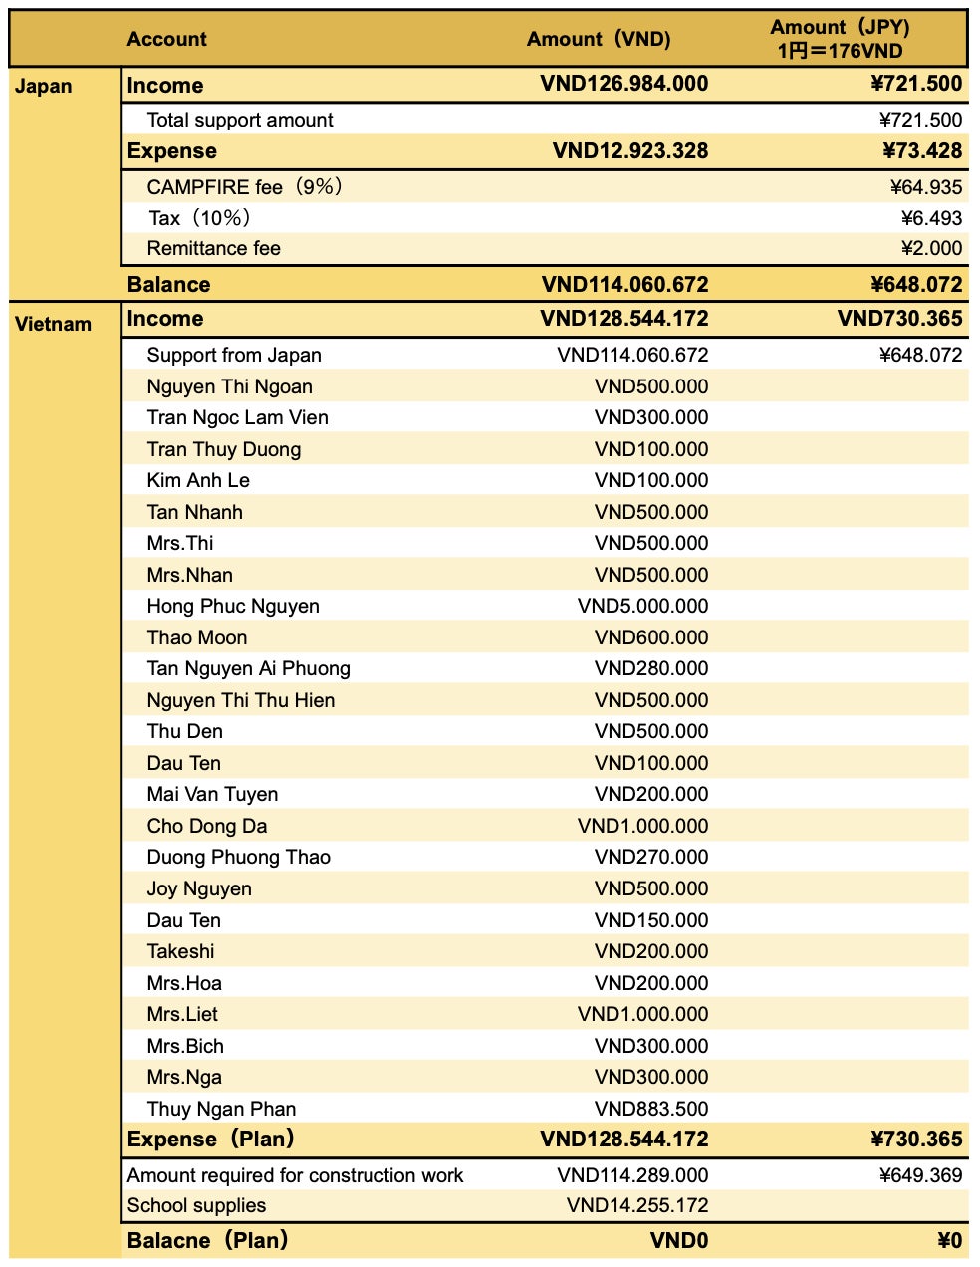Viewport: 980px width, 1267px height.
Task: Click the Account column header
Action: tap(166, 39)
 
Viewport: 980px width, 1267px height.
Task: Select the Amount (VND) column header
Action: tap(599, 39)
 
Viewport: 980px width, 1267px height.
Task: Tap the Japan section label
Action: tap(43, 86)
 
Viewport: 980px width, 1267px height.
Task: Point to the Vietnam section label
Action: tap(53, 324)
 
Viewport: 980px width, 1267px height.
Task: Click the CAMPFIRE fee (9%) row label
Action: tap(244, 187)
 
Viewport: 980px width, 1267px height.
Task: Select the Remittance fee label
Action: tap(213, 248)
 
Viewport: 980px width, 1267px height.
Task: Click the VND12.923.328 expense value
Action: tap(630, 151)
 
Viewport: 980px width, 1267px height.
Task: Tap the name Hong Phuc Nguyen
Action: tap(233, 606)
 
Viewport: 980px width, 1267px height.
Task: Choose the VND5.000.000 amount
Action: tap(642, 606)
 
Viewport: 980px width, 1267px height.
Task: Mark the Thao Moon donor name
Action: tap(196, 637)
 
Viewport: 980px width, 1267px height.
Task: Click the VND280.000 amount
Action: tap(651, 668)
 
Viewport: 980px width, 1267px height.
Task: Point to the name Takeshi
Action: tap(180, 951)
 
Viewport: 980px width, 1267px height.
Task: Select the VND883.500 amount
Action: tap(651, 1109)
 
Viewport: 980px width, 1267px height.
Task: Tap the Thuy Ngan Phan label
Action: tap(221, 1109)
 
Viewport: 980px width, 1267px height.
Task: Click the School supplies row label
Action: tap(196, 1205)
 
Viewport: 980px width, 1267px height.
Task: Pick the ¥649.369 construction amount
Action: tap(920, 1175)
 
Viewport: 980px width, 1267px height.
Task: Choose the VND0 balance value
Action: tap(679, 1241)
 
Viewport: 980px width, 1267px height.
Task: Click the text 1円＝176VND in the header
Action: tap(840, 51)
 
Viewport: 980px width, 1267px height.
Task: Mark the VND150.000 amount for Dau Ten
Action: tap(651, 920)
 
